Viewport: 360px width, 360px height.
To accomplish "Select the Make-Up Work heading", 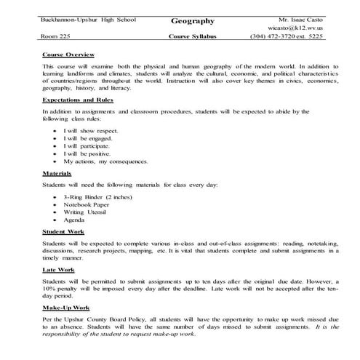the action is coord(64,308).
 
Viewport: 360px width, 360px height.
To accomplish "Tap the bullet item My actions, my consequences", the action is coord(105,161).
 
